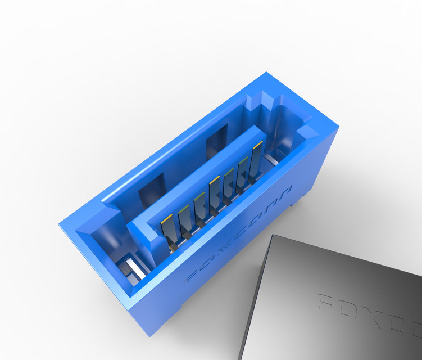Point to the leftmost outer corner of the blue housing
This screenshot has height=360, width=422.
[x=59, y=224]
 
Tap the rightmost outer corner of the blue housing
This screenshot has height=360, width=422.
[x=340, y=128]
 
